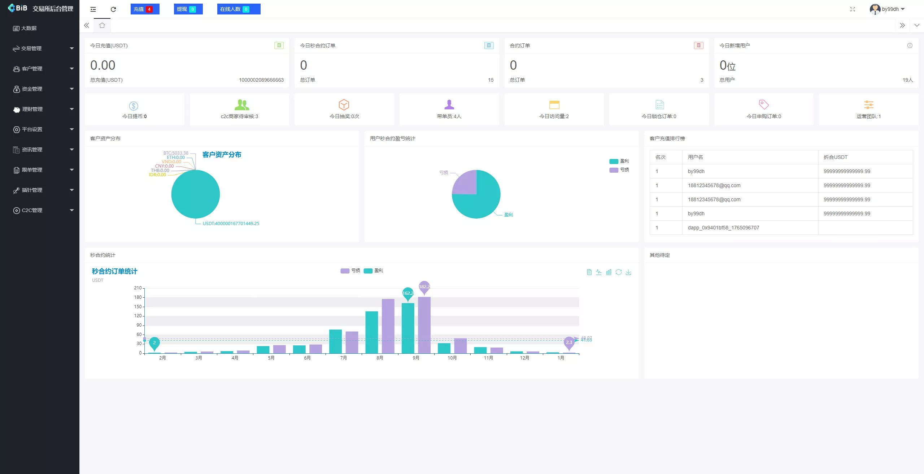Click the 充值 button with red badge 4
tap(144, 9)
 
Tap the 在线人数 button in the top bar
tap(238, 9)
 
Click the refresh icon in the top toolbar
tap(113, 9)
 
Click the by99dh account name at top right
tap(890, 9)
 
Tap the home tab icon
tap(102, 25)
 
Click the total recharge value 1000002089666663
tap(261, 80)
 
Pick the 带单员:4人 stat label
tap(449, 116)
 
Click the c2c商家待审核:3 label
tap(239, 116)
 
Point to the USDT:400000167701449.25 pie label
tap(231, 224)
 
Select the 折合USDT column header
tap(835, 157)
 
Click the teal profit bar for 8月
tap(371, 332)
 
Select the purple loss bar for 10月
tap(460, 346)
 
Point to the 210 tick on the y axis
tap(138, 288)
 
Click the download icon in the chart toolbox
tap(628, 272)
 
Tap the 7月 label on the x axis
tap(343, 358)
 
